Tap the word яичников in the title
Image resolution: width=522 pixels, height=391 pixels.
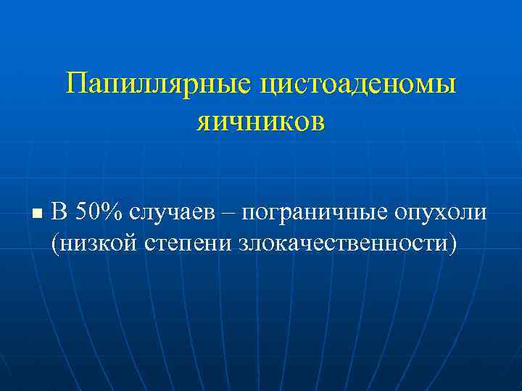[260, 121]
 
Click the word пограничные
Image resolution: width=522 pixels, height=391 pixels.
[314, 212]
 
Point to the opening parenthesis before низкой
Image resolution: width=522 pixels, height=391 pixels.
[55, 243]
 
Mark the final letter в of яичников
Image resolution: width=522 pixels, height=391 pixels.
[319, 122]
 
